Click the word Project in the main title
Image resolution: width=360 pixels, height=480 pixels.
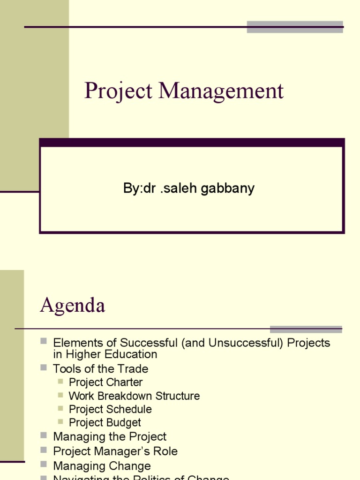119,91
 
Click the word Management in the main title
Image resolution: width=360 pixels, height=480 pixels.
221,91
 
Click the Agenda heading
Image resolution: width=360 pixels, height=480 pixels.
73,306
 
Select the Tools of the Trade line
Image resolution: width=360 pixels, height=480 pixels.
100,368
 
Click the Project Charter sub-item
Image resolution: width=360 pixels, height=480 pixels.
105,382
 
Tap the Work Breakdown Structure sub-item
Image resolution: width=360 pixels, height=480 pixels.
134,396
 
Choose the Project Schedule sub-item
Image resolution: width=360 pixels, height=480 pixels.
110,409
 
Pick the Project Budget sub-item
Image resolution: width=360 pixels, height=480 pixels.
105,422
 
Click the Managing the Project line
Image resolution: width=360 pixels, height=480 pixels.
110,436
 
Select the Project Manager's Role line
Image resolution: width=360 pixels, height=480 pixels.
115,451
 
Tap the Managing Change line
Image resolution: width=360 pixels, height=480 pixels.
102,465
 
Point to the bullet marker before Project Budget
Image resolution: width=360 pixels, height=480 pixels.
60,422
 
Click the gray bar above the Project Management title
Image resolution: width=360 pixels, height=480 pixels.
295,27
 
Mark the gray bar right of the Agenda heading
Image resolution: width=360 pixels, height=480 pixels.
306,329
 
